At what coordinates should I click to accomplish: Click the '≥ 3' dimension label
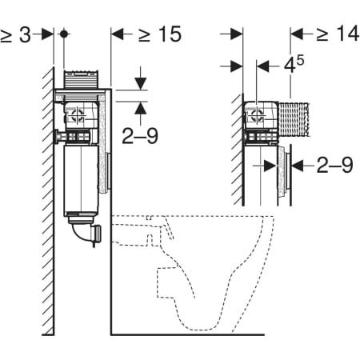pos(15,34)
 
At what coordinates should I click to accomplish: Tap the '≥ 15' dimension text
pos(160,34)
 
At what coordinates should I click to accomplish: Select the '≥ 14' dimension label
pos(338,34)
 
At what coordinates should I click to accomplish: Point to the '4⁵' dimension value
pos(294,65)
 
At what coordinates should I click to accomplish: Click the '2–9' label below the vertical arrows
pos(140,136)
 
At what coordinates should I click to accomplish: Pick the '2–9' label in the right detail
pos(334,166)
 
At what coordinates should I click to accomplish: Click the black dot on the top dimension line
pos(64,34)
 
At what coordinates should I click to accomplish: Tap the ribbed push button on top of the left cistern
pos(82,79)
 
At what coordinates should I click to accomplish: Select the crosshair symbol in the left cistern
pos(78,117)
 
